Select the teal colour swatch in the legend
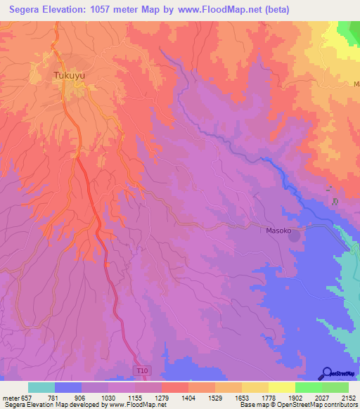pos(41,387)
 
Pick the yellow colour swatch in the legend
pos(281,387)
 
